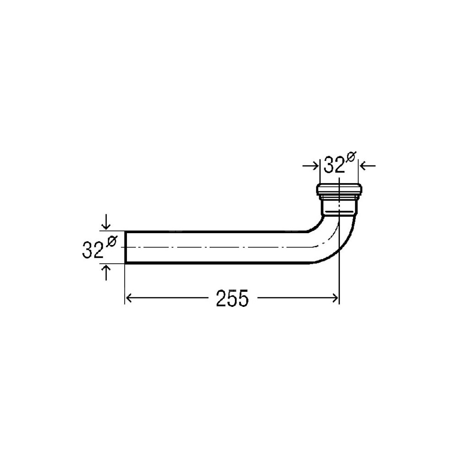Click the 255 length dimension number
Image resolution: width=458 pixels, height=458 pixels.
[x=232, y=298]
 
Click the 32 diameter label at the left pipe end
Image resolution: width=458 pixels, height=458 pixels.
[x=93, y=250]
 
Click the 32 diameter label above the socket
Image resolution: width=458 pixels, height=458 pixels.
[x=334, y=165]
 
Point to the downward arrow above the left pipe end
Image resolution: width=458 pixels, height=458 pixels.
[x=106, y=222]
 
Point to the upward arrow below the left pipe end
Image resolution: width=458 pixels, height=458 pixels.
[x=106, y=272]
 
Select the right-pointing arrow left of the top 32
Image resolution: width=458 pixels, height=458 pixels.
[x=311, y=166]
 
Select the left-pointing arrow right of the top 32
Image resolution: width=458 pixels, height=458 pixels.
[x=367, y=166]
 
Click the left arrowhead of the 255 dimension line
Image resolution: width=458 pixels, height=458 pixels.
[x=129, y=298]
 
